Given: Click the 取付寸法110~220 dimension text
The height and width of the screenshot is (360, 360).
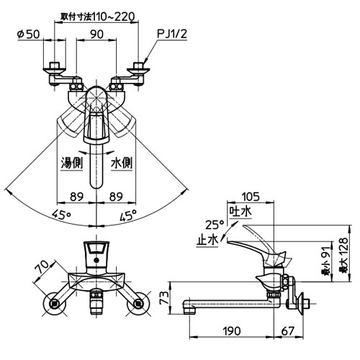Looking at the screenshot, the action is click(97, 17).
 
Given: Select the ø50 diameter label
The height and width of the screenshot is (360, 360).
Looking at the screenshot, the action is click(28, 35).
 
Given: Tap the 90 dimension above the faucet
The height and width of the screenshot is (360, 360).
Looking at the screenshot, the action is click(97, 35).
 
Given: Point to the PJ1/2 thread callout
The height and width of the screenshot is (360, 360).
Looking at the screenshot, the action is click(172, 34).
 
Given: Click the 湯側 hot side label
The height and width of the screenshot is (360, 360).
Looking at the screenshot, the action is click(72, 163).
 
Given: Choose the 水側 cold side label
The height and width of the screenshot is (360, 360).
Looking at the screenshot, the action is click(122, 163).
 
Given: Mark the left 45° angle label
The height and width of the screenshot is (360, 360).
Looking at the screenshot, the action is click(62, 215).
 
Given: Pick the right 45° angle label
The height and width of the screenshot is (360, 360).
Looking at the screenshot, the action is click(128, 215).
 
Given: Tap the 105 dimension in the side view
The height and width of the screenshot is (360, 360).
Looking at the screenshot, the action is click(251, 197).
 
